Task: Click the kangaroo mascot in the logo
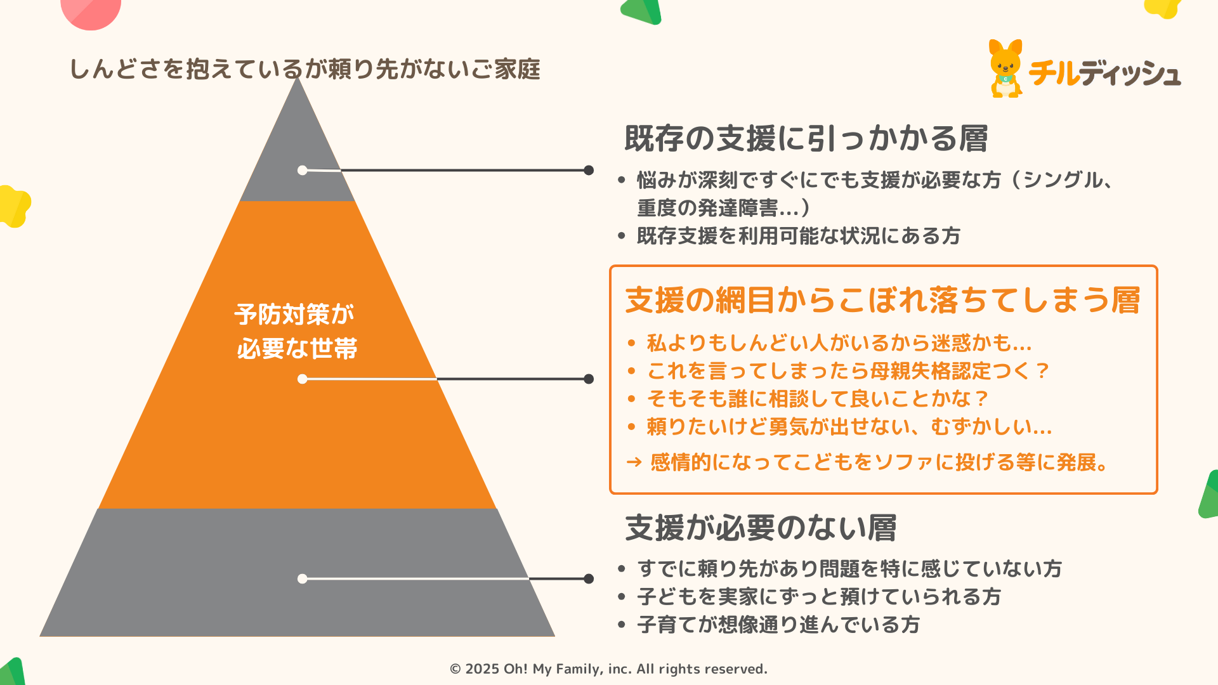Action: pos(1006,69)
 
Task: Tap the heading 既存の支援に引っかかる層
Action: pos(806,138)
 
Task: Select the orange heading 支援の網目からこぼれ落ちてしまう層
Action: pos(882,300)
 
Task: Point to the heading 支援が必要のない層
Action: pos(761,528)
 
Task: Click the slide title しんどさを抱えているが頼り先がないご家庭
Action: pos(304,69)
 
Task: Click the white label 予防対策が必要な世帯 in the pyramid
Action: pos(296,331)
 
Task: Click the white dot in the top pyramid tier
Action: pos(303,170)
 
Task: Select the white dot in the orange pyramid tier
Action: pos(303,379)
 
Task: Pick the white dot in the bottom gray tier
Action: pos(303,578)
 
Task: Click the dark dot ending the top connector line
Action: pos(589,170)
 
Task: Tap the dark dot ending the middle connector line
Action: pos(589,379)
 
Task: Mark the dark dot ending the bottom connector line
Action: pos(589,578)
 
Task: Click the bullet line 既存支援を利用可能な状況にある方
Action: pos(798,236)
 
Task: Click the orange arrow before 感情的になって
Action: pos(634,462)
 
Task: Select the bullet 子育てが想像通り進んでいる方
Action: pos(778,625)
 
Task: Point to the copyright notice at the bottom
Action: pos(608,669)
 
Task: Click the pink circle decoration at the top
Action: pos(91,11)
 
